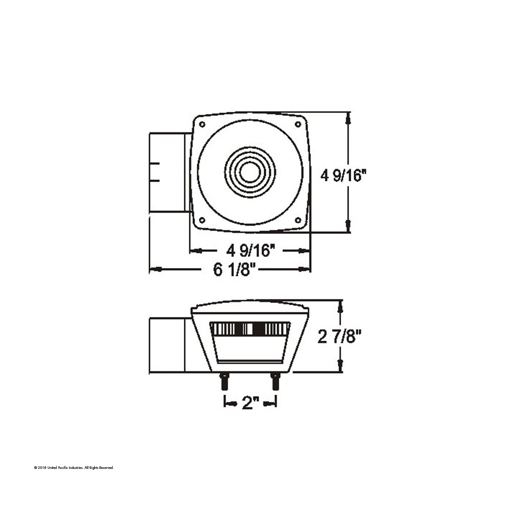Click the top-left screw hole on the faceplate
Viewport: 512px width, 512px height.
click(x=202, y=124)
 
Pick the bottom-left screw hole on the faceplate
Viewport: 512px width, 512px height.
click(x=202, y=221)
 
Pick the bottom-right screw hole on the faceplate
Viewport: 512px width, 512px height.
click(x=298, y=221)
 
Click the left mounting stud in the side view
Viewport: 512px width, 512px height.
click(x=224, y=381)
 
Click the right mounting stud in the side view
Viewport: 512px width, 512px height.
click(x=276, y=381)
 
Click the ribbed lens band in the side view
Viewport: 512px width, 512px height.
click(x=250, y=329)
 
